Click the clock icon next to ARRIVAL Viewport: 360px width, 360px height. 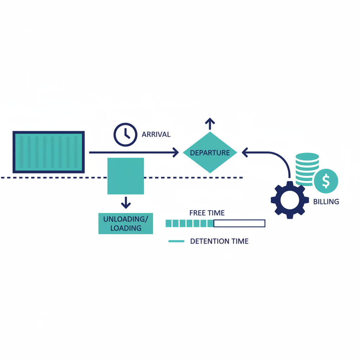point(125,135)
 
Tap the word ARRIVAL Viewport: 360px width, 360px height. point(156,135)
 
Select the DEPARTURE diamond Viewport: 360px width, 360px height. point(210,153)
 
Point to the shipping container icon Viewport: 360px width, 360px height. point(49,152)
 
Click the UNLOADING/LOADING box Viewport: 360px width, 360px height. point(126,224)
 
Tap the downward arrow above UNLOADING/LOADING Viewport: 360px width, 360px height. point(126,203)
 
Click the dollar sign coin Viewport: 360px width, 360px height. point(326,181)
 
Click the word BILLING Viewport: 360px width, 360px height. point(326,202)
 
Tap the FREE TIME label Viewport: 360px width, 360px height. point(207,213)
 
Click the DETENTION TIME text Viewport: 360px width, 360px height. point(219,241)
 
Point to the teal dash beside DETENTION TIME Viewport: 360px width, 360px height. point(176,241)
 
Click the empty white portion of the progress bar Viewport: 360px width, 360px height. point(239,224)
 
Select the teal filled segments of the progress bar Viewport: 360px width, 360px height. point(190,224)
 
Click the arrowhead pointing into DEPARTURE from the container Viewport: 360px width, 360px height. point(176,153)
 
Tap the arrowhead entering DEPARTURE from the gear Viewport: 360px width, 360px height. point(245,153)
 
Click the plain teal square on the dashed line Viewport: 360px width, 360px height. point(126,176)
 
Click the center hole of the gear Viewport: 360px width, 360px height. point(289,200)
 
